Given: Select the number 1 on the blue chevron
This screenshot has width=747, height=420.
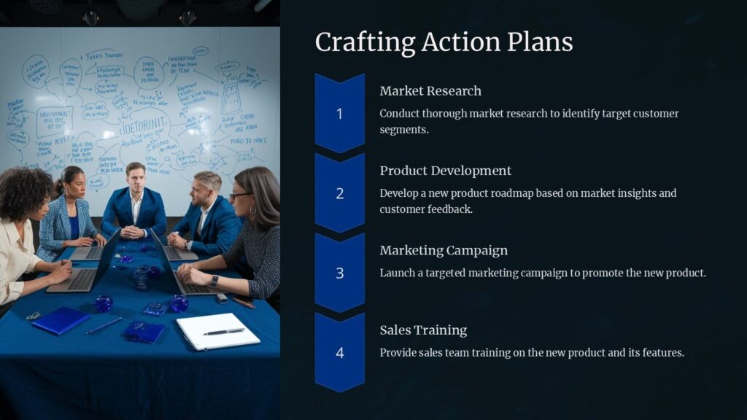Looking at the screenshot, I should coord(339,114).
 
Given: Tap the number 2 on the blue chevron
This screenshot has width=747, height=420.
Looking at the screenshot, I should coord(339,193).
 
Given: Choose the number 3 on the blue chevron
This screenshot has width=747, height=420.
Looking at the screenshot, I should coord(339,273).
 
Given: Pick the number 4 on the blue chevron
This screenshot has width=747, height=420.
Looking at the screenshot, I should coord(339,353).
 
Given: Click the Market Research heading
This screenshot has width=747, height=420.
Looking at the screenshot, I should coord(430,91).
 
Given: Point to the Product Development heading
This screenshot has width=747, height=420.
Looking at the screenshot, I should coord(445,171).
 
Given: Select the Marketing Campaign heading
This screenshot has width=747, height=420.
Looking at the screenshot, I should coord(444,250).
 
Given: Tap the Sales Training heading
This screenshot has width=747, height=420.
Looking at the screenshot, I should coord(423,330).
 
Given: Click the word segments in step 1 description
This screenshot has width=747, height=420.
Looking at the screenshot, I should coord(402,130).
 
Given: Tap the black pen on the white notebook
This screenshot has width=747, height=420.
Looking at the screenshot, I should coord(224,332).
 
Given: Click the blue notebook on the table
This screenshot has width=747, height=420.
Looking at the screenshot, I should coord(61,320).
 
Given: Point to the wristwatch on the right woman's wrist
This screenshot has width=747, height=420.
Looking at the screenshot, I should coord(214,280).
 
